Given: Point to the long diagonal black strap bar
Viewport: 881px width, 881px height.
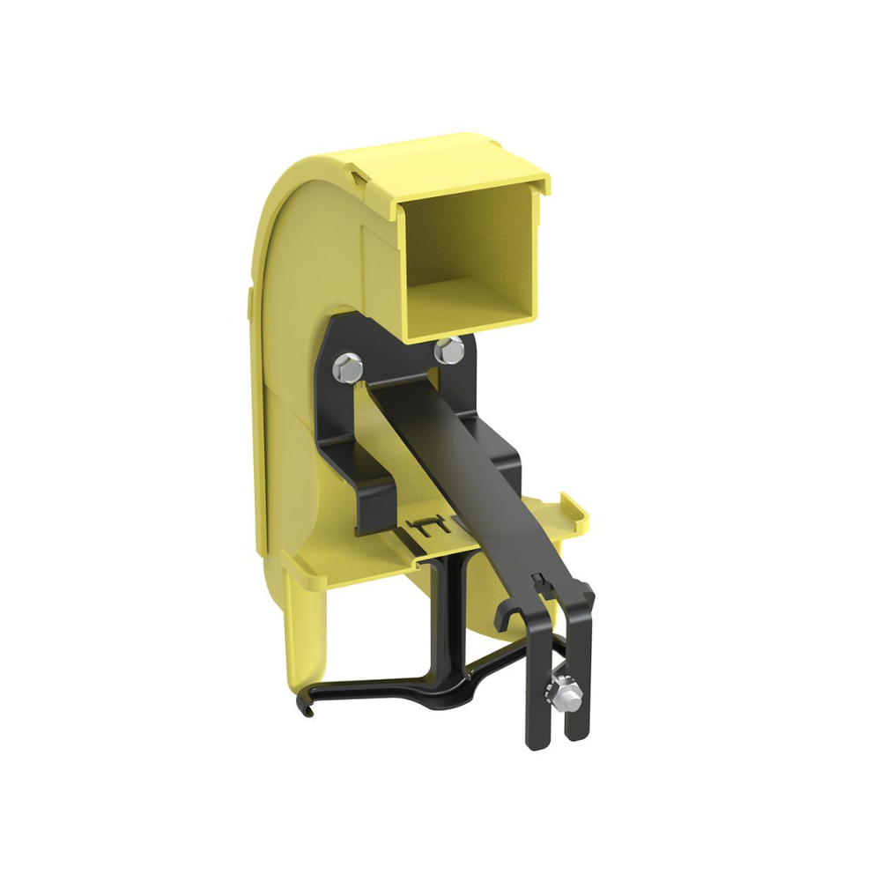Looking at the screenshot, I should [x=476, y=476].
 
